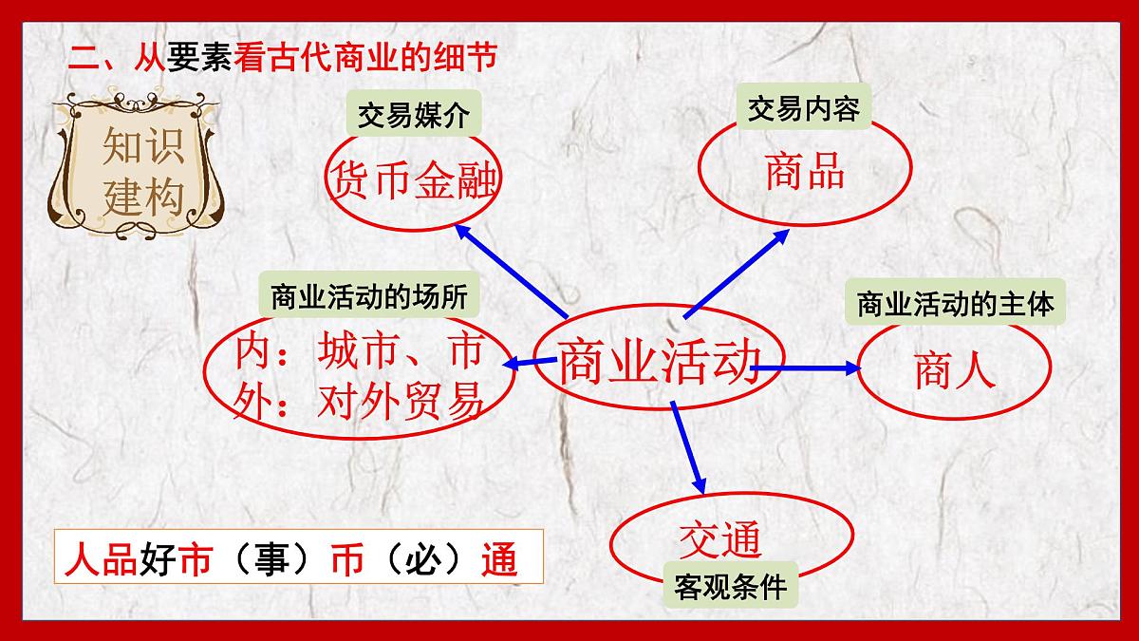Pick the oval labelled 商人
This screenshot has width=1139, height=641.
[954, 369]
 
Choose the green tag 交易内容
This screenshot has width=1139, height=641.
[803, 110]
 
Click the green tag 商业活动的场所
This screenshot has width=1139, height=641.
[368, 297]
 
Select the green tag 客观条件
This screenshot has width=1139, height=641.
[730, 587]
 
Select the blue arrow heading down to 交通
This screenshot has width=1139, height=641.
[688, 446]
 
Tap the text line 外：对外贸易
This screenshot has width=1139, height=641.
[359, 402]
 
